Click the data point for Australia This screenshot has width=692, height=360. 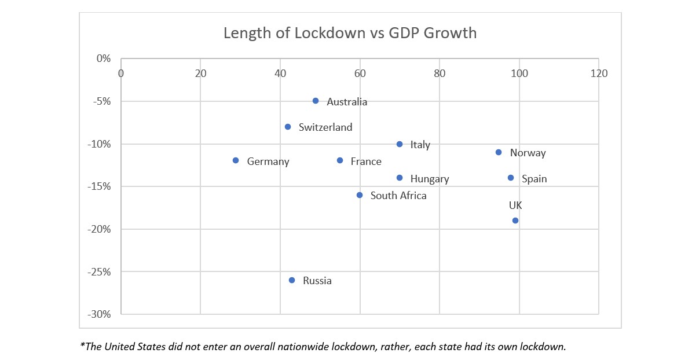click(x=316, y=101)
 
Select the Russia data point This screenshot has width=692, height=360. click(x=292, y=280)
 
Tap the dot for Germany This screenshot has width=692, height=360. click(x=236, y=160)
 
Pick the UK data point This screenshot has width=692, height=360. click(x=515, y=221)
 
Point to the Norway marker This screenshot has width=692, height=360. click(x=499, y=152)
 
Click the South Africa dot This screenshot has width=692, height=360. click(x=360, y=195)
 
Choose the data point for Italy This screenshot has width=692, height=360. click(x=400, y=144)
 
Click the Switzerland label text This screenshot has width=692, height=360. click(x=325, y=127)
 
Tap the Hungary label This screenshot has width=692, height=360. click(x=430, y=179)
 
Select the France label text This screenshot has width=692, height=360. click(x=366, y=161)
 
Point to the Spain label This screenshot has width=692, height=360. click(x=534, y=179)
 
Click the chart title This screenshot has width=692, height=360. click(x=350, y=33)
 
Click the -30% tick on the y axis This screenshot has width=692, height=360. click(x=99, y=314)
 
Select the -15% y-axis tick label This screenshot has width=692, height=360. click(x=99, y=186)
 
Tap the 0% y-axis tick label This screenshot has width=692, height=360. click(x=103, y=58)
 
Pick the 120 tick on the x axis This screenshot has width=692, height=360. click(x=599, y=74)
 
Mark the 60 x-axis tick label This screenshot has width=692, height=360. click(x=360, y=74)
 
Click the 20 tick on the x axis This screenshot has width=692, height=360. click(x=200, y=74)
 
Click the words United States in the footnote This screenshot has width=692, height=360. click(x=132, y=347)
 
